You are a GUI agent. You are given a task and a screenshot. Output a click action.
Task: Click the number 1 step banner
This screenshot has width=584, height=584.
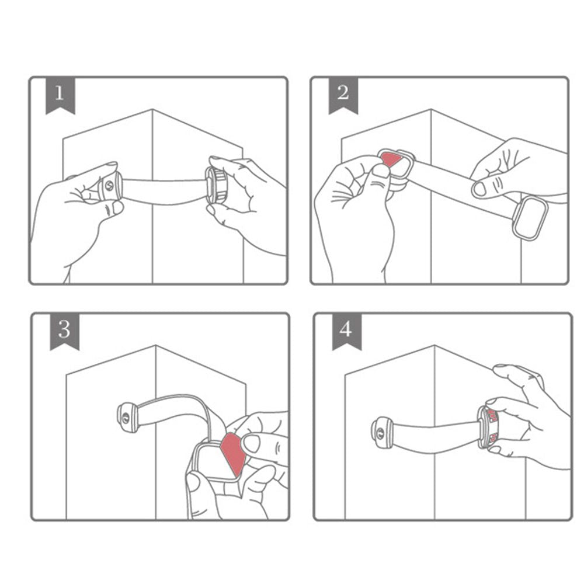click(x=60, y=95)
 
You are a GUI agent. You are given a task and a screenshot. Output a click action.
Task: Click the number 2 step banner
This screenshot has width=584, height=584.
click(x=342, y=95)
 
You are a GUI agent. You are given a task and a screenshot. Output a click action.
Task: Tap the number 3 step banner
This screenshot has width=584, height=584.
click(x=64, y=331)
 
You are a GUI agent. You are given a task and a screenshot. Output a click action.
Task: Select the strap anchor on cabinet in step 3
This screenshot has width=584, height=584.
click(x=127, y=417)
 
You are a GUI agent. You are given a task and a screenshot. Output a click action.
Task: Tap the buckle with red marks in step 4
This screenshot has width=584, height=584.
click(x=489, y=425)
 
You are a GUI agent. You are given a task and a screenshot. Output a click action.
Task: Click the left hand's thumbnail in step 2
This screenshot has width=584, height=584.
click(x=381, y=171)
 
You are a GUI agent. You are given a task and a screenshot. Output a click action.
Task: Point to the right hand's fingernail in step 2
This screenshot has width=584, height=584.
click(x=479, y=188)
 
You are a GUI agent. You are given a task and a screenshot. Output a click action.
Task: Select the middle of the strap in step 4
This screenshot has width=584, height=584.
click(x=435, y=431)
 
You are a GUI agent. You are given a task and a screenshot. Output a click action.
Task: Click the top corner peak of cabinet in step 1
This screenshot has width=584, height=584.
click(x=152, y=109)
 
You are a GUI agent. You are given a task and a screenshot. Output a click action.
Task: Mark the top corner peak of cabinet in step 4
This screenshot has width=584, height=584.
click(x=435, y=346)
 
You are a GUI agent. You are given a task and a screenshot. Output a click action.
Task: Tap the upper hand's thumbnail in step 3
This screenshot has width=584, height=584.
click(x=252, y=443)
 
